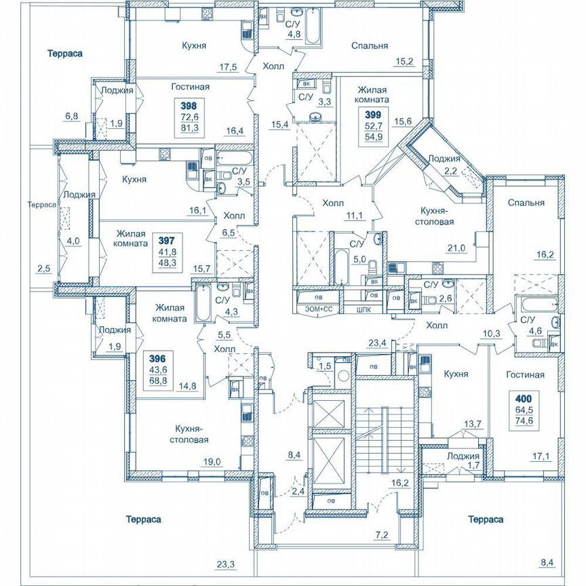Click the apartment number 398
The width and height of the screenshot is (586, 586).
pyautogui.click(x=189, y=106)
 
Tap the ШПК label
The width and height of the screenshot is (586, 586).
pyautogui.click(x=364, y=309)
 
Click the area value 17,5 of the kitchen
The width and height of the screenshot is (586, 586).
pyautogui.click(x=228, y=66)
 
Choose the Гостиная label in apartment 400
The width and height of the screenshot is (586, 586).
pyautogui.click(x=526, y=374)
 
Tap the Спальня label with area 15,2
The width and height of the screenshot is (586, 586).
pyautogui.click(x=370, y=46)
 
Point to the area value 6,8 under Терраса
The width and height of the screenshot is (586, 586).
pyautogui.click(x=71, y=116)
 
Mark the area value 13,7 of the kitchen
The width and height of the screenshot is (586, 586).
pyautogui.click(x=472, y=424)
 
